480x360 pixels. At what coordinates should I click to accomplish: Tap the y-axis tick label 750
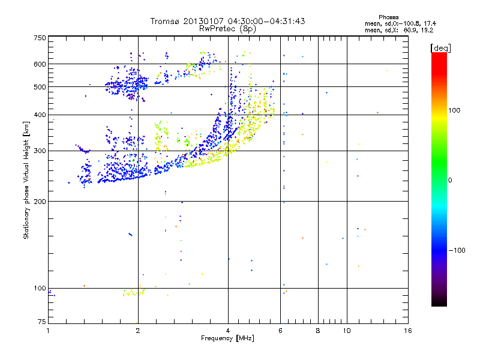40,38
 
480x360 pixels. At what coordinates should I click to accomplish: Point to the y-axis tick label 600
40,64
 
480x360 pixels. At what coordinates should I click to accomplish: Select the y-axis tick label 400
40,115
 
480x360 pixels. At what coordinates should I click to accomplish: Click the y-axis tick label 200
40,201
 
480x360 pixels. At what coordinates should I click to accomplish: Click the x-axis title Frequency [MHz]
228,339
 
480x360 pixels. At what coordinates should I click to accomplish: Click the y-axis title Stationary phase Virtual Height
26,180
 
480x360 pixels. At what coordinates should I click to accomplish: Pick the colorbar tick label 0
451,180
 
